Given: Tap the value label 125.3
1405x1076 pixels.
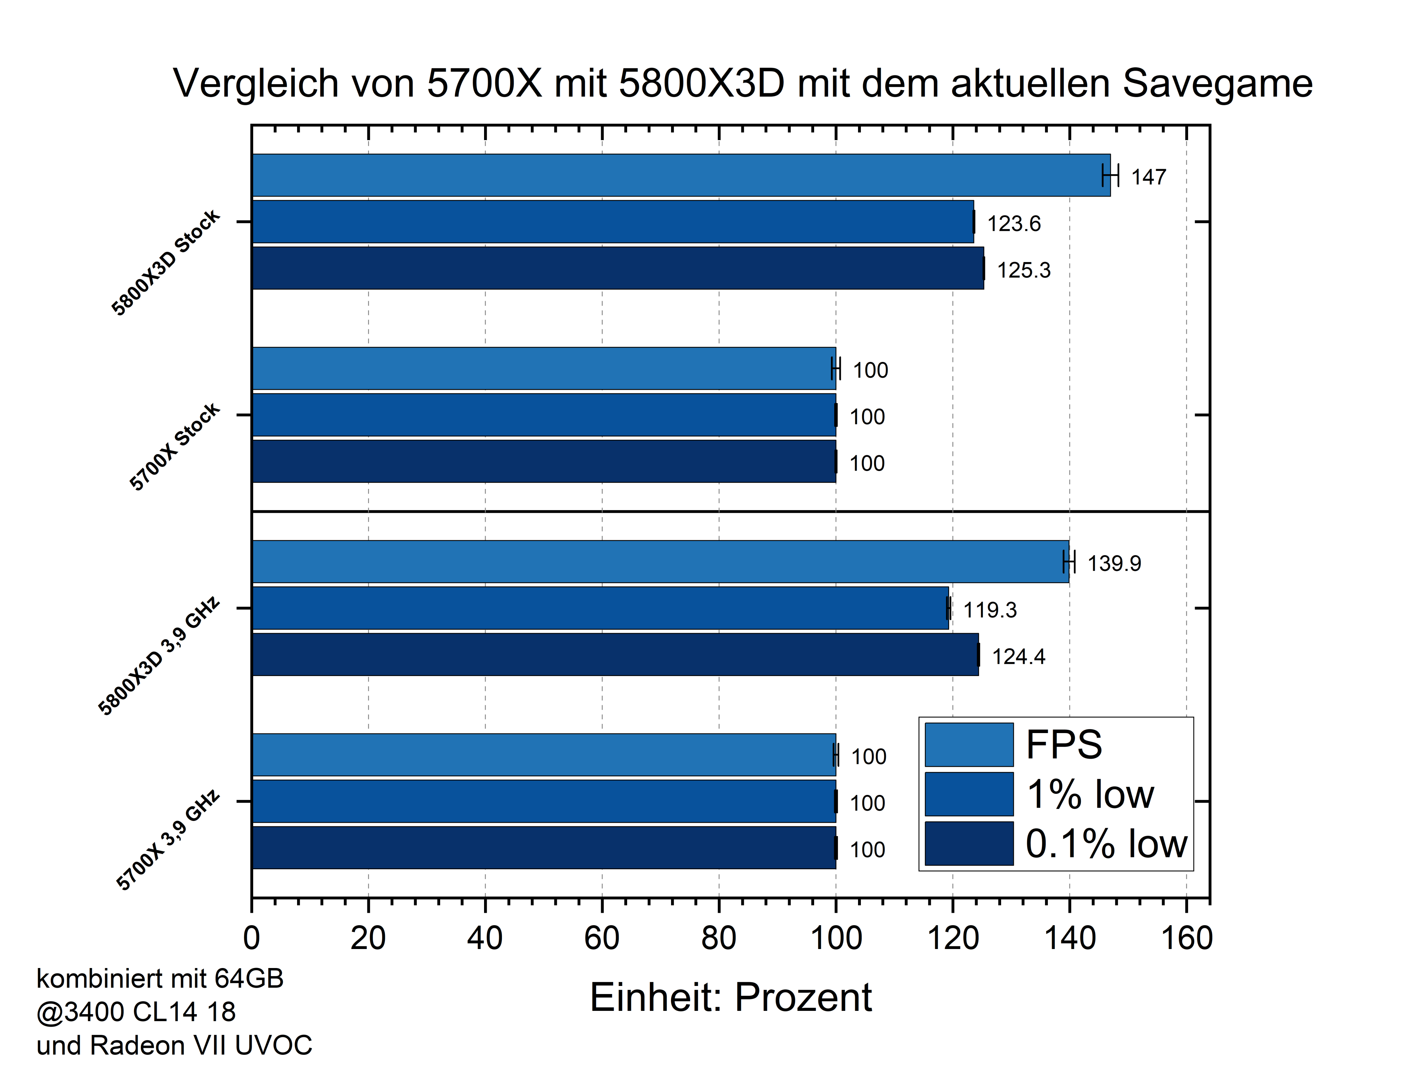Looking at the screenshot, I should [1023, 270].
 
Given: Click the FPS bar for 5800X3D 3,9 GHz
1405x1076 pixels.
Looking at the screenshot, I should [660, 562].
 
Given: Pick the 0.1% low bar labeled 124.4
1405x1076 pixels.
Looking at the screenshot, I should [615, 654].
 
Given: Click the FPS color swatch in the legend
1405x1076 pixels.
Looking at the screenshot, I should [969, 745].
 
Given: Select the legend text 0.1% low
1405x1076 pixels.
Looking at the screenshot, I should [1106, 844].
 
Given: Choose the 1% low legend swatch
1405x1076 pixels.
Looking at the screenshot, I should [969, 794].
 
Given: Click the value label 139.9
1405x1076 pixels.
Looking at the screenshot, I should [1114, 564].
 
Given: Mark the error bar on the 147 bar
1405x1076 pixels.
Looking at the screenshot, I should [1110, 175].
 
